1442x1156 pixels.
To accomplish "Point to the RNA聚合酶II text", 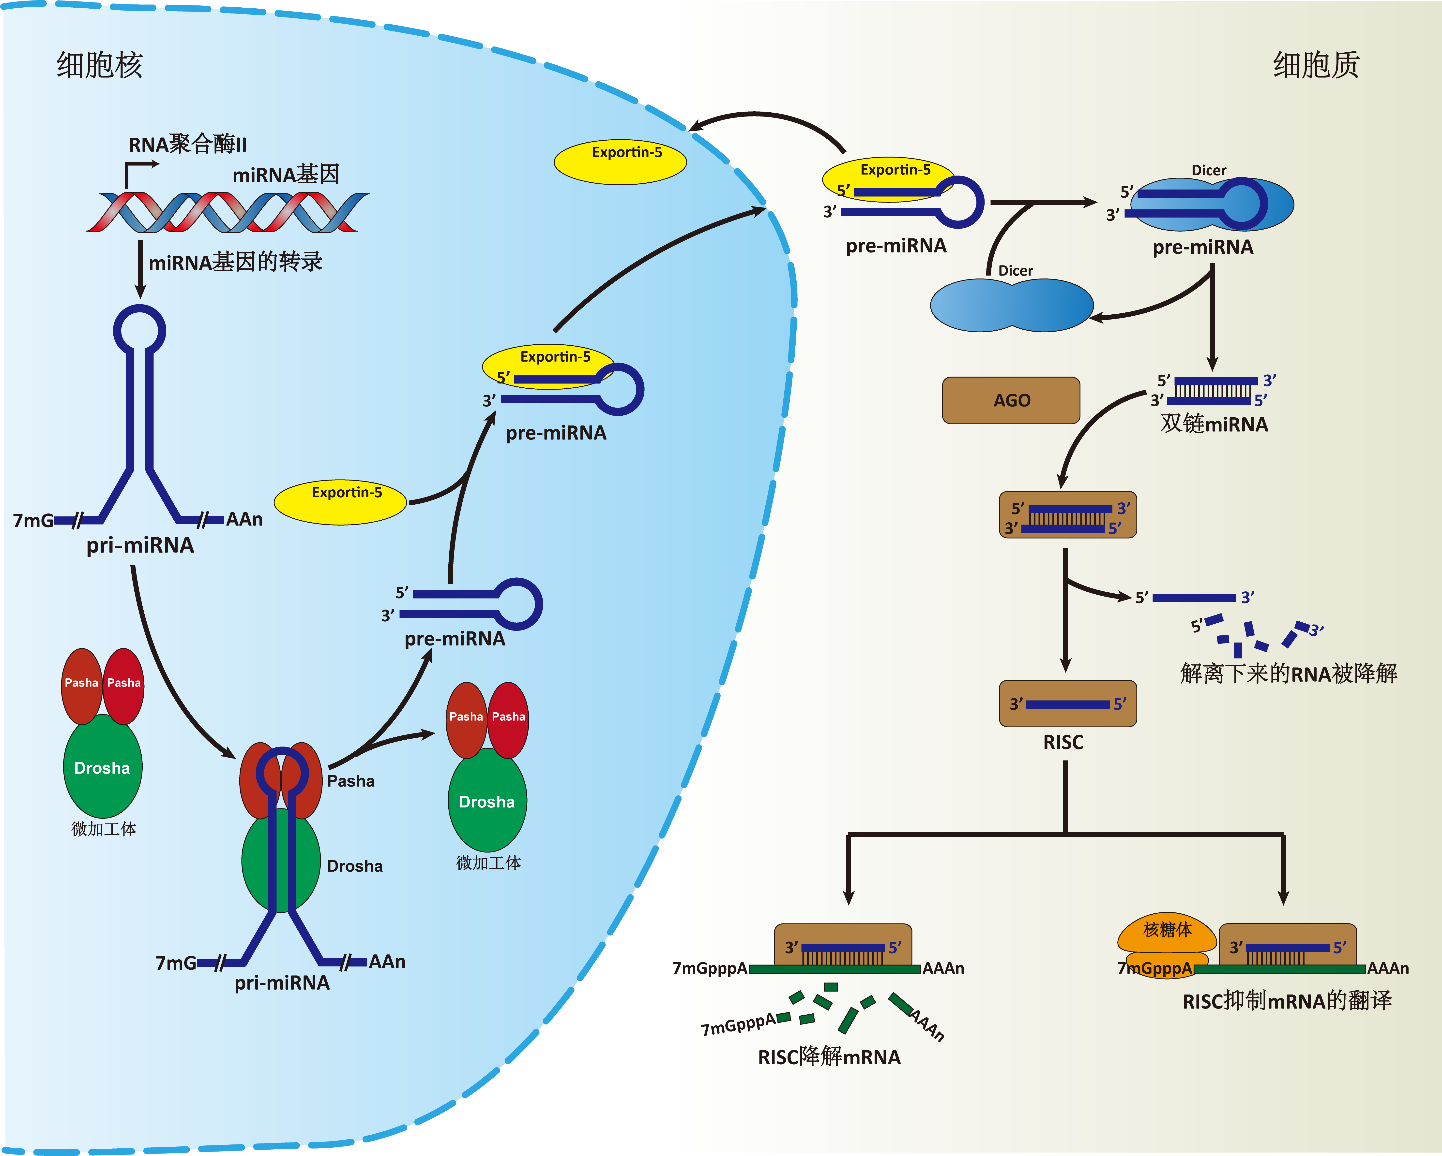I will (187, 144).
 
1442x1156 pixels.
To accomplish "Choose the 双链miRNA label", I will (1214, 424).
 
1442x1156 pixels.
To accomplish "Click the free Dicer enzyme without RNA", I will (1011, 305).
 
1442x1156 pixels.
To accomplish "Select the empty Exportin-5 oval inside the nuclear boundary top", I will (620, 161).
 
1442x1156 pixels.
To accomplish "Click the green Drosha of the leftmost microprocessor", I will (102, 768).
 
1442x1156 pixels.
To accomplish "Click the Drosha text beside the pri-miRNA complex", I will (354, 866).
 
